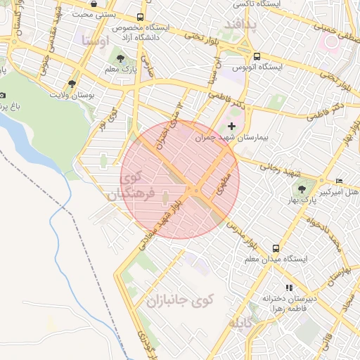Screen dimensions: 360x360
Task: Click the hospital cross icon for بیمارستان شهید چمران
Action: [x=232, y=125]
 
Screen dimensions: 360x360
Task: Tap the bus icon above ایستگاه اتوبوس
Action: [x=257, y=56]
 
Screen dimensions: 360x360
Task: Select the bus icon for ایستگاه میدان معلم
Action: [x=276, y=248]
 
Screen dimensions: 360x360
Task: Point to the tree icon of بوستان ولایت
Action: [x=72, y=83]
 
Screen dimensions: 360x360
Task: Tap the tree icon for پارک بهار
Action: [x=303, y=188]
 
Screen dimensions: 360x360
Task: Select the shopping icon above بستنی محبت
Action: [x=94, y=4]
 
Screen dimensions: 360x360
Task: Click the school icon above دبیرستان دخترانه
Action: [x=288, y=288]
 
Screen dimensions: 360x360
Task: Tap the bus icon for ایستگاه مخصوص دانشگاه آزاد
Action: [x=141, y=16]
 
